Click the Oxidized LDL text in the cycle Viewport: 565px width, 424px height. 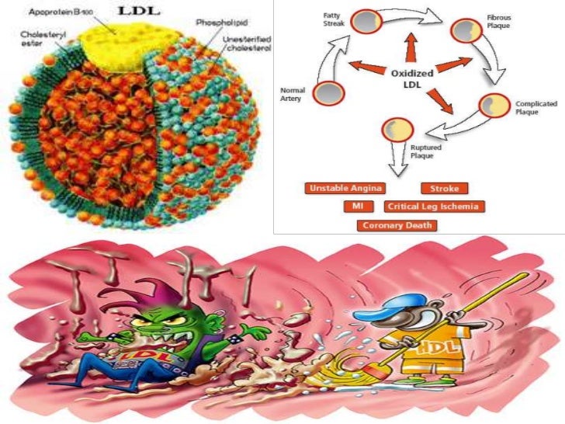412,79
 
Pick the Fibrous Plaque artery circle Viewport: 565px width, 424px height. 468,31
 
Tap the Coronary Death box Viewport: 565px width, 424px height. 396,226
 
